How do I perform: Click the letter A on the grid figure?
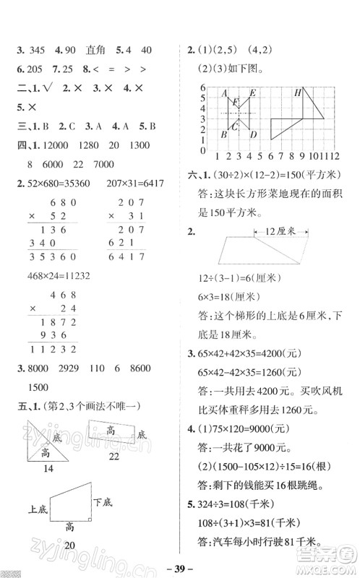coord(225,92)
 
